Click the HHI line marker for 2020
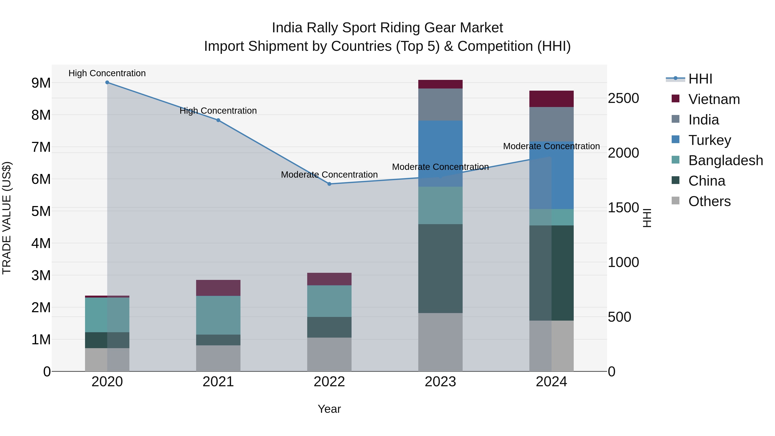click(107, 82)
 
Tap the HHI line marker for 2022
click(329, 184)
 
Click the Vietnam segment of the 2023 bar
click(440, 84)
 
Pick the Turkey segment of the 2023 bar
click(440, 154)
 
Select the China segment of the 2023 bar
click(440, 268)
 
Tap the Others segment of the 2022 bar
click(329, 354)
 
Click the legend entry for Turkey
click(709, 140)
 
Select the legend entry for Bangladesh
click(725, 160)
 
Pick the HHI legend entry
click(700, 79)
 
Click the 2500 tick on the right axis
click(623, 98)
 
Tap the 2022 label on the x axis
click(329, 382)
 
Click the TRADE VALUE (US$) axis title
click(7, 218)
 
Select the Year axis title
click(329, 409)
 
